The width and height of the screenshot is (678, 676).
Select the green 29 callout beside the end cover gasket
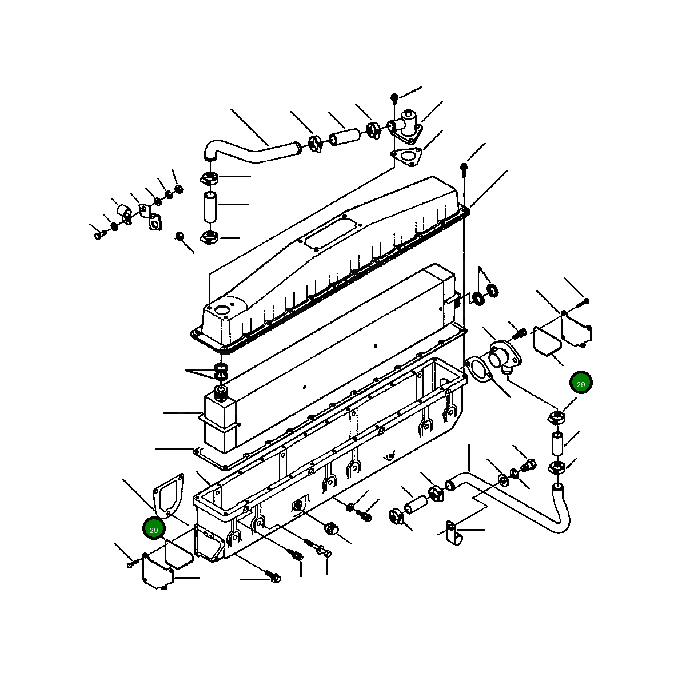pos(153,530)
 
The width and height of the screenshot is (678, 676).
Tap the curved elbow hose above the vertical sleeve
pos(246,152)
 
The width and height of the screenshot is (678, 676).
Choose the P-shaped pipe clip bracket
pos(454,533)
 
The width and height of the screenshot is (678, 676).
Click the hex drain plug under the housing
pos(330,528)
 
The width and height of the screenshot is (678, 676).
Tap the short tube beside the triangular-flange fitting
pos(344,138)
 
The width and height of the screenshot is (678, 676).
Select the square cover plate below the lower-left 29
pos(157,570)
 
